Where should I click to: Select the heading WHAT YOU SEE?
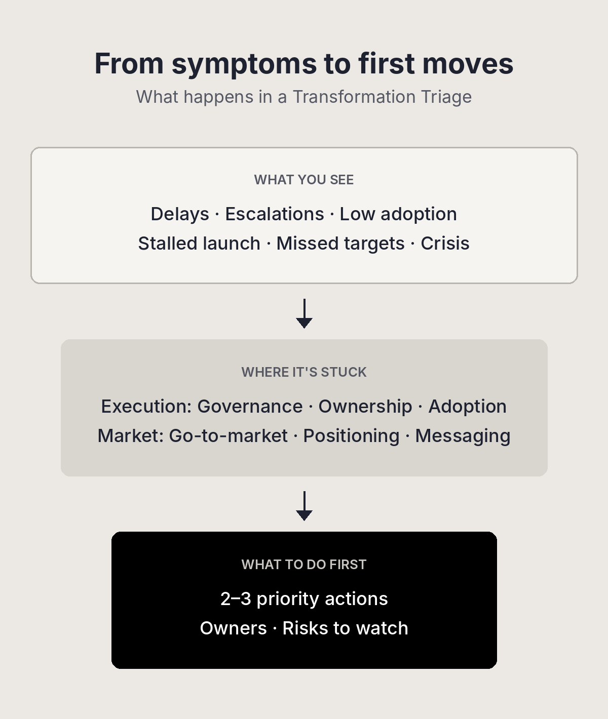pyautogui.click(x=304, y=180)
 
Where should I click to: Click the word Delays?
pyautogui.click(x=180, y=215)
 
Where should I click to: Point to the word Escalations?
pyautogui.click(x=275, y=214)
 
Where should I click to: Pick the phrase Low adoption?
pyautogui.click(x=398, y=215)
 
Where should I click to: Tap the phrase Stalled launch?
pyautogui.click(x=199, y=244)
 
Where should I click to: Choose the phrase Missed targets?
pyautogui.click(x=340, y=244)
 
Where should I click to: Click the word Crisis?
pyautogui.click(x=445, y=244)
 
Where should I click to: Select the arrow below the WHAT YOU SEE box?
pyautogui.click(x=305, y=314)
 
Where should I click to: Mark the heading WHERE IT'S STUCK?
pyautogui.click(x=304, y=372)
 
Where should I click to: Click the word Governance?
pyautogui.click(x=250, y=407)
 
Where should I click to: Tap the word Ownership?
pyautogui.click(x=365, y=407)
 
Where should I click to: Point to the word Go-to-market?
pyautogui.click(x=228, y=436)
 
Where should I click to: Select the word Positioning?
pyautogui.click(x=352, y=436)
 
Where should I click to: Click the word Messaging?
pyautogui.click(x=463, y=436)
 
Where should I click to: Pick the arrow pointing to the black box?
pyautogui.click(x=305, y=506)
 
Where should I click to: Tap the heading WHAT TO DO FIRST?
pyautogui.click(x=304, y=565)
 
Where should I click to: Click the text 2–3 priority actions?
pyautogui.click(x=305, y=600)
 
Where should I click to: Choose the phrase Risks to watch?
pyautogui.click(x=346, y=628)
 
